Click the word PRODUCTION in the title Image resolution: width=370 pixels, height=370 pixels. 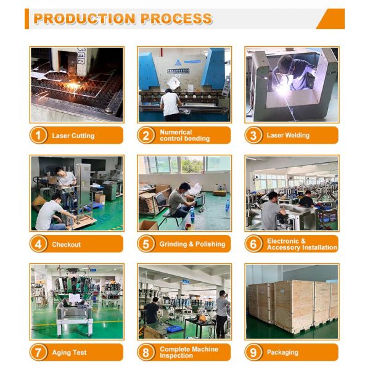85,18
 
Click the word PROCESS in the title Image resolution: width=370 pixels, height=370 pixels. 176,18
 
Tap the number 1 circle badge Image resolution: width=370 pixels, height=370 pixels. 38,135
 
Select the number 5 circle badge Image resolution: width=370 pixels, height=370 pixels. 146,244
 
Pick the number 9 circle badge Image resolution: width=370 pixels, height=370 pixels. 253,352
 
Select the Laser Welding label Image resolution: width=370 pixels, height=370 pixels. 288,135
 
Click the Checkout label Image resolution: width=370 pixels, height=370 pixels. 66,244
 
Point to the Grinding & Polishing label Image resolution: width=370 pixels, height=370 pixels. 192,244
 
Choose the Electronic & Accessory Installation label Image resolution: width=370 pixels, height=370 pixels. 302,244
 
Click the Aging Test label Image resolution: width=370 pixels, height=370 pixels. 69,353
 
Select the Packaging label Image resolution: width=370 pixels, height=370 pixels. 282,353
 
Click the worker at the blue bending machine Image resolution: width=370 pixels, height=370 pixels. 171,103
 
